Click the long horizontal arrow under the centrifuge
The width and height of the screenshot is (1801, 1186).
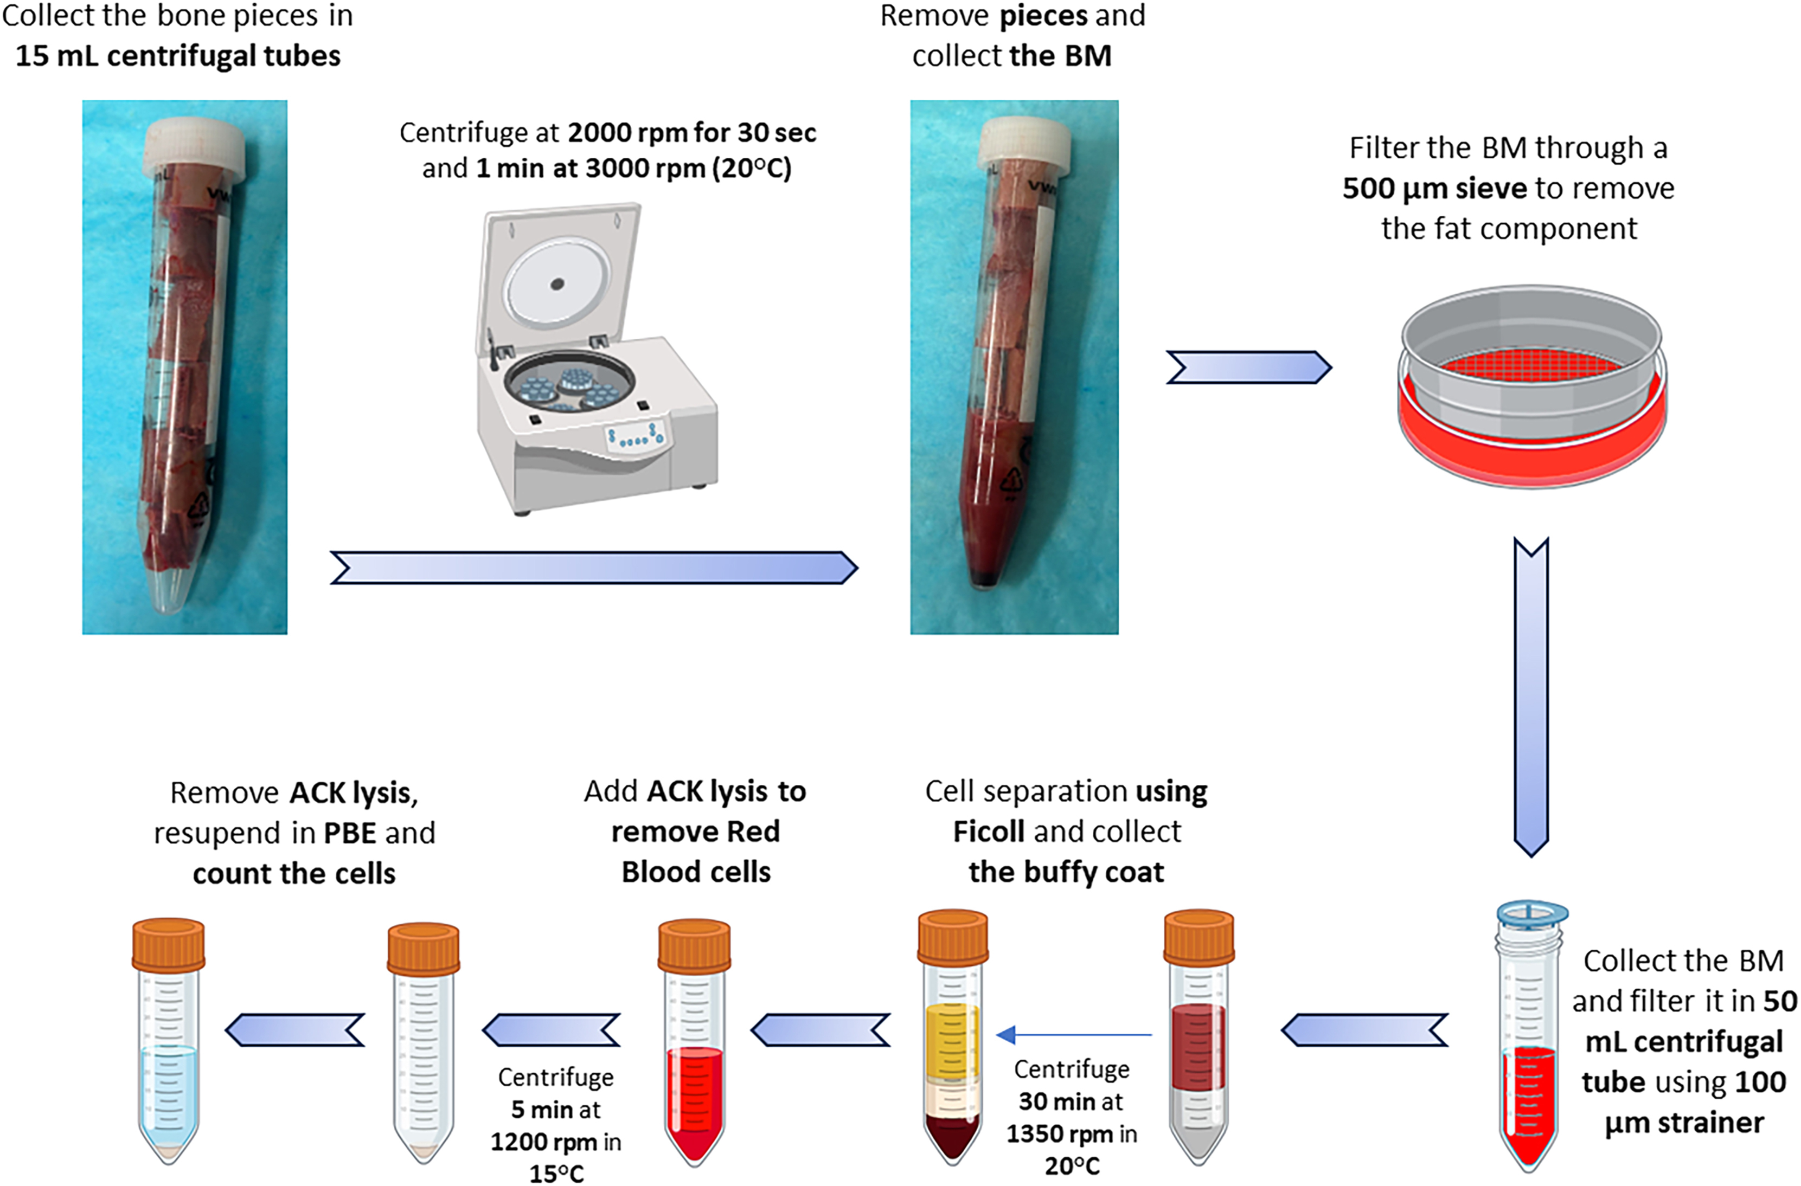coord(594,568)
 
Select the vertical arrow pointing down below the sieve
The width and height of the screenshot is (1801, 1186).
coord(1531,696)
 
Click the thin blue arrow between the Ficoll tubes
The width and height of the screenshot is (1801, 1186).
coord(1074,1034)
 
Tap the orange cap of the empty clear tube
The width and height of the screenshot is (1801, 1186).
coord(423,949)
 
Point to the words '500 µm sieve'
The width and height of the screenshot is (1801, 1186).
coord(1434,188)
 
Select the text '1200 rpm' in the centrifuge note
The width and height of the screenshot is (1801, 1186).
coord(543,1142)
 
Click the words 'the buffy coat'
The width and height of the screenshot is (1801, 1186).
coord(1066,872)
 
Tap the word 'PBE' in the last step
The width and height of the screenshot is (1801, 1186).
coord(350,833)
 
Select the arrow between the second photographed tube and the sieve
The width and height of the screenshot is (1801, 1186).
coord(1248,367)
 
